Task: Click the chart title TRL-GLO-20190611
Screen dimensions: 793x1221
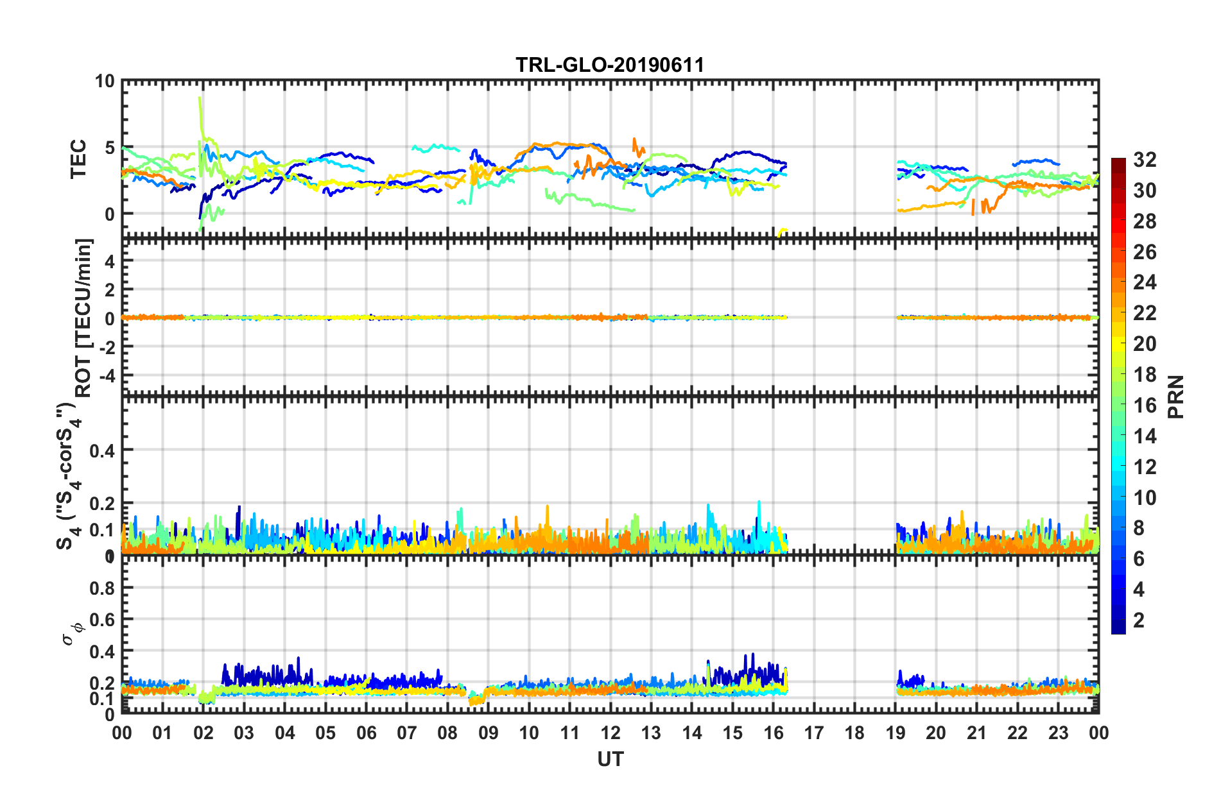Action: tap(610, 65)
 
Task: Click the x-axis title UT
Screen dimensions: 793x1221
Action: tap(610, 759)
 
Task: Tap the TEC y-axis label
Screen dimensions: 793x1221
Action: tap(78, 158)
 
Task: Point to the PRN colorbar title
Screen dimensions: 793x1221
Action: tap(1176, 396)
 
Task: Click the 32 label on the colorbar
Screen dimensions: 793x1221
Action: tap(1145, 160)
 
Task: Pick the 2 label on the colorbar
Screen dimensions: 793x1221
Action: tap(1139, 620)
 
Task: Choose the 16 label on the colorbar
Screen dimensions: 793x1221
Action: tap(1145, 405)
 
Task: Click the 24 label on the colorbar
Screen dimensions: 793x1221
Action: tap(1145, 282)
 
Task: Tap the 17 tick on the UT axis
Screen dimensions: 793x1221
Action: tap(814, 732)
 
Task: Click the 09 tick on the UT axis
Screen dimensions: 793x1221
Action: tap(488, 732)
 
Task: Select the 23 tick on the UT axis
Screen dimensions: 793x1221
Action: tap(1058, 732)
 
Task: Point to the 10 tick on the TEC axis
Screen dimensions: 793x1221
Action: tap(105, 81)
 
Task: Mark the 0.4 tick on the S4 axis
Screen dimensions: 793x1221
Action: tap(102, 450)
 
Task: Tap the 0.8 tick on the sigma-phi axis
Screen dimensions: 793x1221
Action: tap(102, 588)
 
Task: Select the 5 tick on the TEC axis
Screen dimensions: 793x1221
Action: tap(109, 148)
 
